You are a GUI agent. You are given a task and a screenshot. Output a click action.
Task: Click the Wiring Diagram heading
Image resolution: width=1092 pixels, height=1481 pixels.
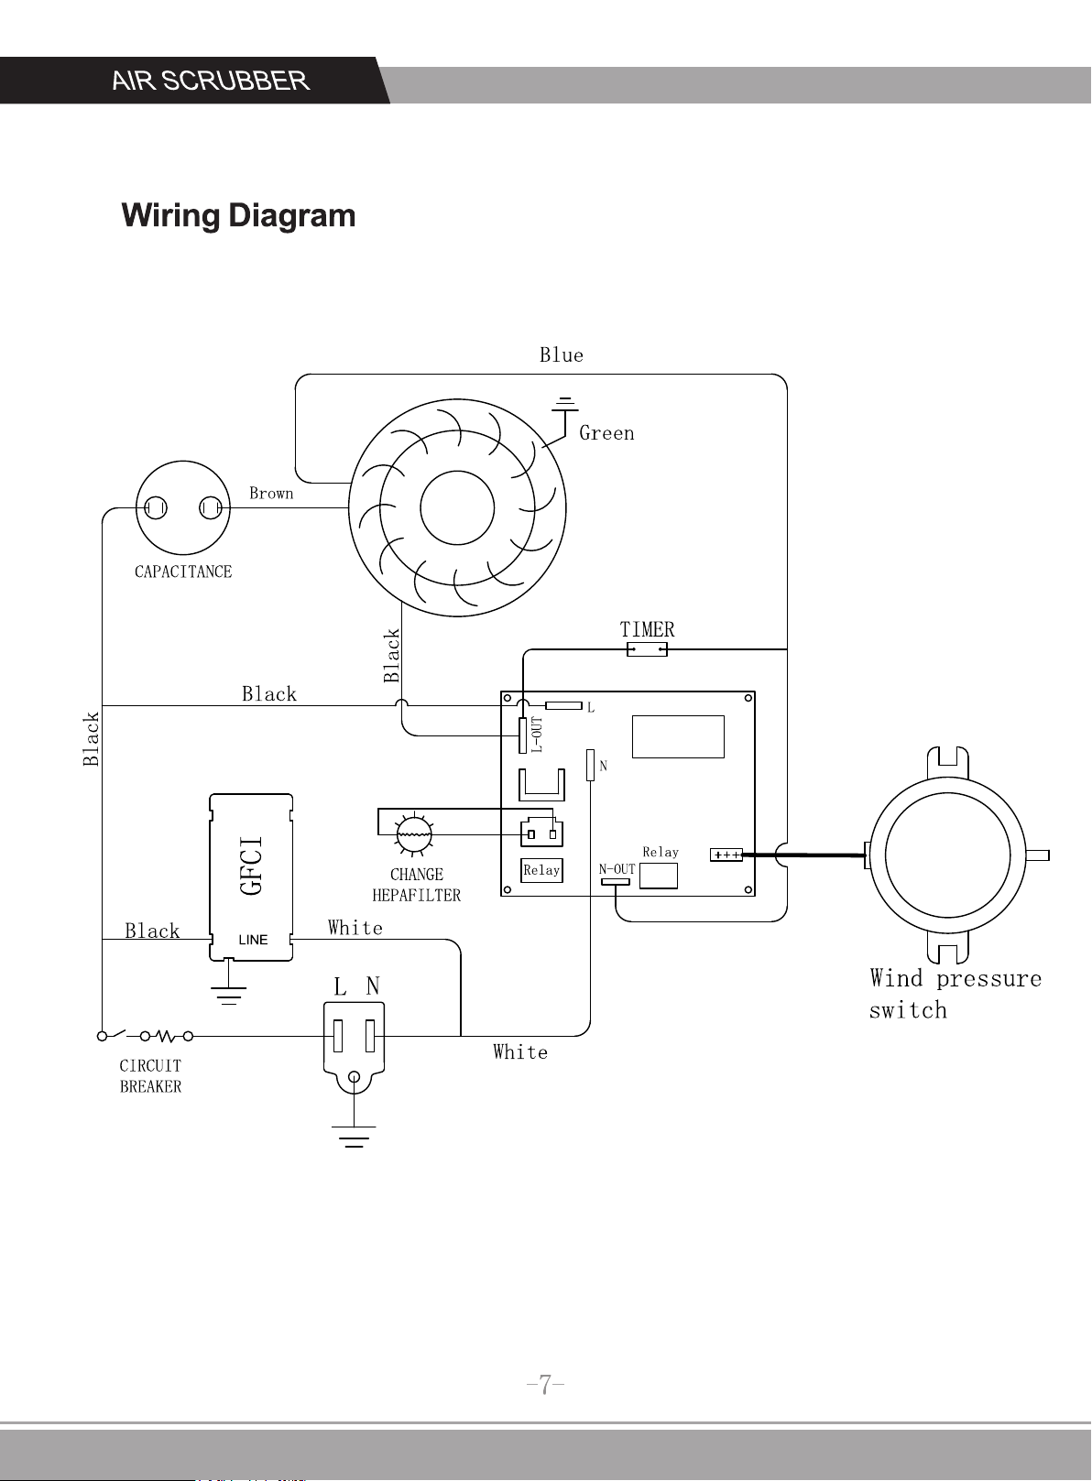(239, 216)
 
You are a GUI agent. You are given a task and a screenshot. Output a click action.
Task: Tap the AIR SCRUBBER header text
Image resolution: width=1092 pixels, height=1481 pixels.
(211, 81)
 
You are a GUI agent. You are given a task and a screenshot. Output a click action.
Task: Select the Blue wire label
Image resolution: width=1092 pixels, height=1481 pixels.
(562, 355)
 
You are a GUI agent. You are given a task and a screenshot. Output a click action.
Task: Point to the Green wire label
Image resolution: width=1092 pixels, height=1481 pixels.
(606, 433)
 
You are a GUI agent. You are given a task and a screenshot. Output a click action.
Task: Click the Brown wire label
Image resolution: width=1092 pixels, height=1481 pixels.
(271, 494)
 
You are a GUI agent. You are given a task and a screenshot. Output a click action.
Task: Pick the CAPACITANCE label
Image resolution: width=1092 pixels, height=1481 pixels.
(183, 572)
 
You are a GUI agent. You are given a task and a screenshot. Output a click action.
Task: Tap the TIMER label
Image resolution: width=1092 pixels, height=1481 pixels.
(647, 629)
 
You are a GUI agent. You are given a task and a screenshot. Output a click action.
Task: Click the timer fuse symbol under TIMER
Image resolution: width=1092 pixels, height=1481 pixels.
(647, 650)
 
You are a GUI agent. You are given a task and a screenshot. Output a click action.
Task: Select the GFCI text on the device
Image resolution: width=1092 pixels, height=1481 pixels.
(252, 866)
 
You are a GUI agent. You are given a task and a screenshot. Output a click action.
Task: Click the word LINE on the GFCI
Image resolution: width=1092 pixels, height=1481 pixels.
(254, 941)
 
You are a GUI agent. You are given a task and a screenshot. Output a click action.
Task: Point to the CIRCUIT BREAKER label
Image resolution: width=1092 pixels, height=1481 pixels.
(150, 1075)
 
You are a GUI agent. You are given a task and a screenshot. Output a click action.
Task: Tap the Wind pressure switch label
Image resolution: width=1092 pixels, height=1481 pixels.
(955, 994)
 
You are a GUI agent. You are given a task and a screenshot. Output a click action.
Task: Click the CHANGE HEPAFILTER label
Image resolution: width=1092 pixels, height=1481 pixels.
(417, 885)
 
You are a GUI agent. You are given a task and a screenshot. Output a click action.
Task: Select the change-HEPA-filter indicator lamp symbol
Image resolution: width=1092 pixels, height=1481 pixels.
(414, 834)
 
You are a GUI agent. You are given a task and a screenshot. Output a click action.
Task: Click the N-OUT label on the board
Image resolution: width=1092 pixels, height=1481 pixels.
(617, 869)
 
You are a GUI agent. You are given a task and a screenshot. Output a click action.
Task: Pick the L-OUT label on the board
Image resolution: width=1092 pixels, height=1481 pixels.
(537, 735)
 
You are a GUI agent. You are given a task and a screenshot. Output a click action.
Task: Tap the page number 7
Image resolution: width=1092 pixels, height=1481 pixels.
(545, 1384)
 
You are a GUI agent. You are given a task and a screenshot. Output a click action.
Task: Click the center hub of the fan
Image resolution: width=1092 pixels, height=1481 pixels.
(457, 507)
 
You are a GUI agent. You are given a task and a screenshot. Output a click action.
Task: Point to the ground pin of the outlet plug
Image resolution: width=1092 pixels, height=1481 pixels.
(355, 1077)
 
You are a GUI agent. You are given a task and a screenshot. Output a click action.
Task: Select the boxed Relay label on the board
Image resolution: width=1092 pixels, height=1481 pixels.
(541, 870)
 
